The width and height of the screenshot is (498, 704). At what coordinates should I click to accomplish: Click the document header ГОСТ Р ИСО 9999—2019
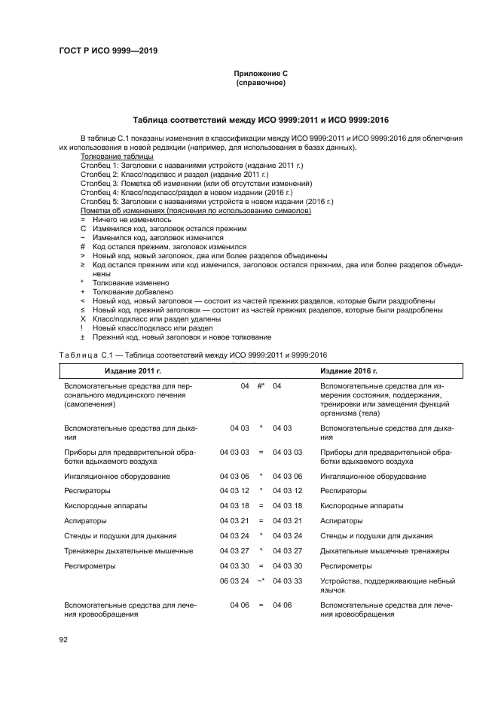[108, 51]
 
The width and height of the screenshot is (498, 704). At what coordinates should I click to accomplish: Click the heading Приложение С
[260, 74]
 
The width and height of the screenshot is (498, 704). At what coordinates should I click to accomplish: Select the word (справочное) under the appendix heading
[260, 83]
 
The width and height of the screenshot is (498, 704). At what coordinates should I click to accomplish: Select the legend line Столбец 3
[196, 183]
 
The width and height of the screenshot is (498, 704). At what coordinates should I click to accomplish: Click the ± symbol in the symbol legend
[83, 337]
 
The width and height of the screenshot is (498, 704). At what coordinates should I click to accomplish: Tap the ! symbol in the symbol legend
[83, 328]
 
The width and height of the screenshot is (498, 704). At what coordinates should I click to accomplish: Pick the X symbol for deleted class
[83, 318]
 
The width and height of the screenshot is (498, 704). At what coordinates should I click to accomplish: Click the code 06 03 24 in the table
[234, 581]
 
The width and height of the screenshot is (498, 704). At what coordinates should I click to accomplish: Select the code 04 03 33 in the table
[287, 581]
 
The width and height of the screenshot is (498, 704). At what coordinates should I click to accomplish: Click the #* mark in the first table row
[261, 386]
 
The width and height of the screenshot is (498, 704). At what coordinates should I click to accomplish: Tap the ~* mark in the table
[261, 581]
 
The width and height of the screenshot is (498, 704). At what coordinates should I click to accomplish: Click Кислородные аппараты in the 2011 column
[95, 505]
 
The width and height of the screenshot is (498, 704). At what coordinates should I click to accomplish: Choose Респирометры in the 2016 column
[346, 565]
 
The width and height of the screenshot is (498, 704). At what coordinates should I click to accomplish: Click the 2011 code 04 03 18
[234, 505]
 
